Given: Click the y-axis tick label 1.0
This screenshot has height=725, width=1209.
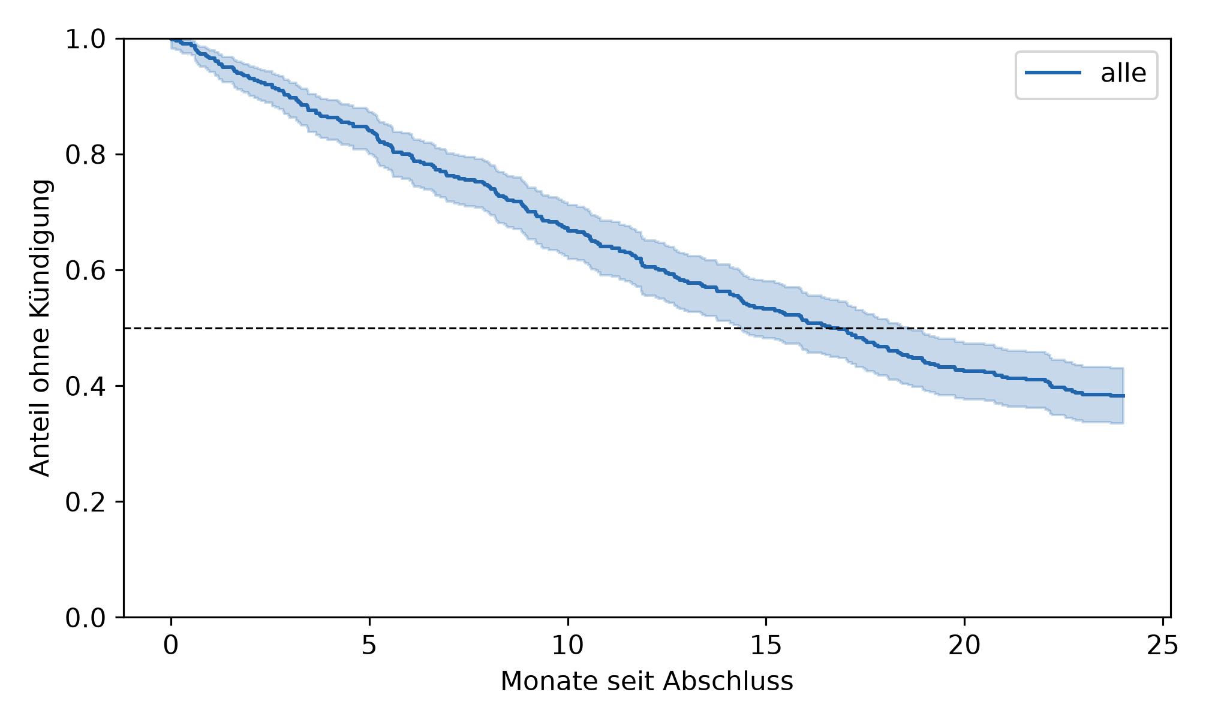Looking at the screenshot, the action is [x=85, y=40].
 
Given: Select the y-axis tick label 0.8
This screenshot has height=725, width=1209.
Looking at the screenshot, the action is [x=85, y=155].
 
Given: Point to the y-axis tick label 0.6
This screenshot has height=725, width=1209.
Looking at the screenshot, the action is [x=85, y=271].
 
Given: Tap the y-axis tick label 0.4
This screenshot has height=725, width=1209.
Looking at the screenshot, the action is [x=85, y=387].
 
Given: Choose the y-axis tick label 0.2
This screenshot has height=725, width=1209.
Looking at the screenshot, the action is [x=85, y=503].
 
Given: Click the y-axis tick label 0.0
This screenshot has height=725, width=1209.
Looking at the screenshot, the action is [x=85, y=618].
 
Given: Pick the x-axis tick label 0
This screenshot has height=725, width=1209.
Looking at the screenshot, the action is [x=171, y=646].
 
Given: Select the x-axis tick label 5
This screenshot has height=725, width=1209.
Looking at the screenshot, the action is [x=369, y=646].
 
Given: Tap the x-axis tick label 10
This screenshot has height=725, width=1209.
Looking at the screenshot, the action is [x=567, y=646].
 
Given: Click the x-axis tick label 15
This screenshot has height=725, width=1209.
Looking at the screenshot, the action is [x=766, y=646].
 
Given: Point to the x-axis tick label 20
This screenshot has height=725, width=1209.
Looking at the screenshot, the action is [x=964, y=646].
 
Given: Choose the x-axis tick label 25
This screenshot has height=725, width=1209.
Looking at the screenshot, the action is [x=1162, y=646].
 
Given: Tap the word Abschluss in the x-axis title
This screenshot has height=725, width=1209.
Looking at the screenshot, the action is [x=728, y=682].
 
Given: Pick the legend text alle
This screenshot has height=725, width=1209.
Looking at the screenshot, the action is [x=1123, y=74].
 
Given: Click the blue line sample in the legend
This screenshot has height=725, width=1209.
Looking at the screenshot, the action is [x=1053, y=73].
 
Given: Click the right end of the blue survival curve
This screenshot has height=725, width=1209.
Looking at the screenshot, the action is [x=1124, y=396].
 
